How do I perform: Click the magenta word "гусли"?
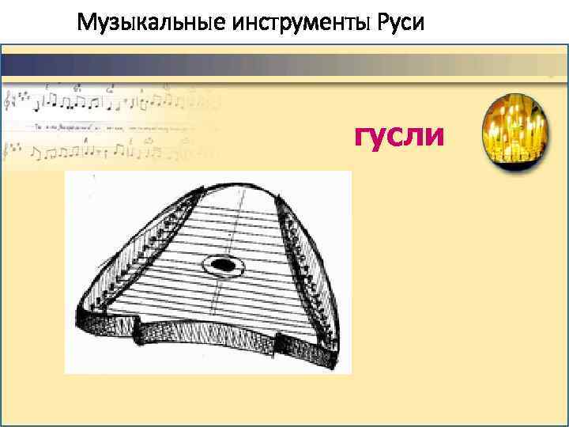tap(399, 135)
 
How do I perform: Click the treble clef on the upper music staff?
tap(9, 101)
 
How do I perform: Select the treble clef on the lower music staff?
tap(9, 149)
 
